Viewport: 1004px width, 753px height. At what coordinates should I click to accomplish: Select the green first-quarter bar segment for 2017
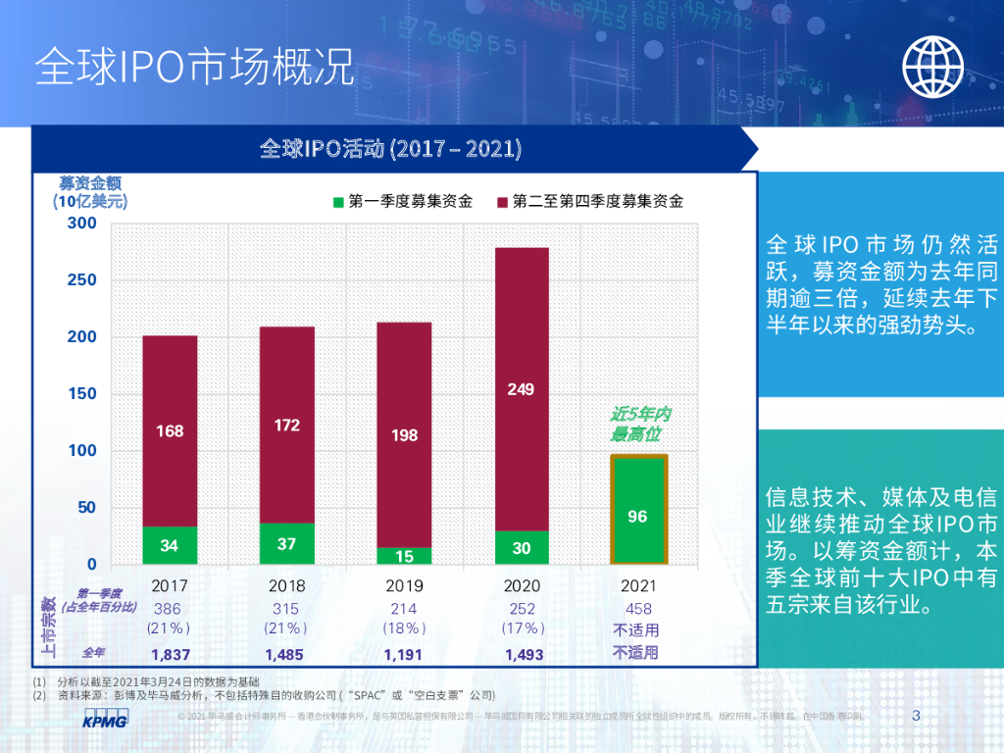coord(170,545)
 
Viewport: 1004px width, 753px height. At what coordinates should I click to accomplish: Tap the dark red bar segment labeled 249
coord(521,389)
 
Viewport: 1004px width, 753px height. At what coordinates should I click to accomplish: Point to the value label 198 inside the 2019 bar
coord(405,434)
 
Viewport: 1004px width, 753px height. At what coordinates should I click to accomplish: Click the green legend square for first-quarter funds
coord(338,202)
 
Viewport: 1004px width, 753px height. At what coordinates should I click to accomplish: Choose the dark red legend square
coord(502,202)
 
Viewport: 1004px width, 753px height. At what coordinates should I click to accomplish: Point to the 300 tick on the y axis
coord(83,224)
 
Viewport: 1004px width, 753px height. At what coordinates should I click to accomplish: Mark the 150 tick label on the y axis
coord(83,394)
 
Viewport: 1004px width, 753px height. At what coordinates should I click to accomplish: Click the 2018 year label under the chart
coord(286,585)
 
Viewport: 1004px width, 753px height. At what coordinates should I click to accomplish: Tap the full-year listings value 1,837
coord(170,653)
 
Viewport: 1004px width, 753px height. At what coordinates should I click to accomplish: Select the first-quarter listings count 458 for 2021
coord(636,609)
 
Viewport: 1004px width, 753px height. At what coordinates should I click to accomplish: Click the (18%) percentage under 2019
coord(404,628)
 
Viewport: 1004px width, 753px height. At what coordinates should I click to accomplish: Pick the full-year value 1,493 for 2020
coord(521,653)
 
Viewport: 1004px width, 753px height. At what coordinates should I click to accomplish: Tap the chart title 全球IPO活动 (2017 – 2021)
coord(390,149)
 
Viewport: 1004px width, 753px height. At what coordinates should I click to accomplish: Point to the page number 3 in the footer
coord(916,716)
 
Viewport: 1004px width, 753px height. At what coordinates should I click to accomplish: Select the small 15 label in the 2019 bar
coord(405,556)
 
